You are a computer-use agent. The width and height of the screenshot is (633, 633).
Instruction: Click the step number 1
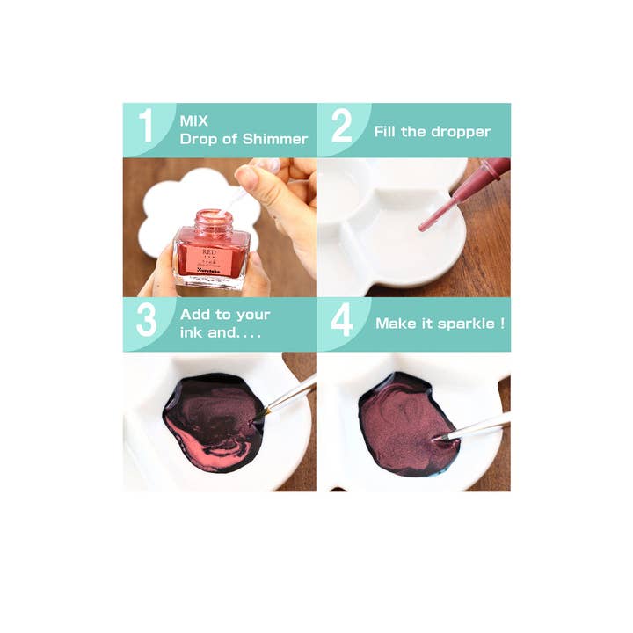(x=146, y=127)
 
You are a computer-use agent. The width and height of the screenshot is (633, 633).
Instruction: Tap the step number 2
(x=341, y=127)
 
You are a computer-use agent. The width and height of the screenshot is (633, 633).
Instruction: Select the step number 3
(x=147, y=321)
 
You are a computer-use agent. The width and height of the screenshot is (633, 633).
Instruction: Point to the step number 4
(x=341, y=321)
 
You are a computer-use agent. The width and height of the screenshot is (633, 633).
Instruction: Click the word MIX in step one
(x=194, y=120)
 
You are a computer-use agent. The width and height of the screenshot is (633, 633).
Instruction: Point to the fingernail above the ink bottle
(x=247, y=177)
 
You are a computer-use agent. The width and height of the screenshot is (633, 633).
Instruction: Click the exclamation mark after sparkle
(x=502, y=323)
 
